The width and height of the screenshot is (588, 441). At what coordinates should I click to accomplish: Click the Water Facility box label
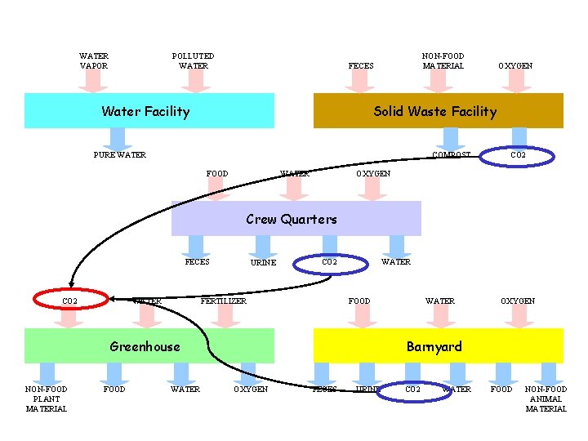pyautogui.click(x=145, y=112)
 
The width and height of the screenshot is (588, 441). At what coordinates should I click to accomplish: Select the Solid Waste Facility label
pyautogui.click(x=434, y=112)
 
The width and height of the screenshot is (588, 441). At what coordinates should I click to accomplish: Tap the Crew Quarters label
pyautogui.click(x=292, y=219)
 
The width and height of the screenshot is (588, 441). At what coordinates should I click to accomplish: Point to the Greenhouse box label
pyautogui.click(x=145, y=347)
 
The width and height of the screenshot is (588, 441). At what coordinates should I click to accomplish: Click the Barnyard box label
pyautogui.click(x=434, y=347)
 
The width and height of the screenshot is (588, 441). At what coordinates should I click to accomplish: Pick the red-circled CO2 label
pyautogui.click(x=70, y=301)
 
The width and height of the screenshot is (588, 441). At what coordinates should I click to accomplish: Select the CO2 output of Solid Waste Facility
pyautogui.click(x=518, y=155)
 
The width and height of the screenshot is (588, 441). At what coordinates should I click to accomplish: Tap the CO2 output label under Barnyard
pyautogui.click(x=413, y=390)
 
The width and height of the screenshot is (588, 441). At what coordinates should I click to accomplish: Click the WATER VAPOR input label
pyautogui.click(x=94, y=61)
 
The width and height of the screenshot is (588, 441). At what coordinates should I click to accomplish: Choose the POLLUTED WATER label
pyautogui.click(x=194, y=61)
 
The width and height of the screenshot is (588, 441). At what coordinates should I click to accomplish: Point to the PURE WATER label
pyautogui.click(x=120, y=155)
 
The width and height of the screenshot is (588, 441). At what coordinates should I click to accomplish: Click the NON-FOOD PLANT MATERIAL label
pyautogui.click(x=47, y=399)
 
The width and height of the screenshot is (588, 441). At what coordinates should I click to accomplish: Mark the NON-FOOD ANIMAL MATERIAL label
pyautogui.click(x=546, y=399)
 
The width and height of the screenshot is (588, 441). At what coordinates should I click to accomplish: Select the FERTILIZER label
pyautogui.click(x=224, y=301)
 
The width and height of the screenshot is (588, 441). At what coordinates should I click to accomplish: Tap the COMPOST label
pyautogui.click(x=451, y=155)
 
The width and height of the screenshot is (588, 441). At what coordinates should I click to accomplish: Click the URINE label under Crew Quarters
pyautogui.click(x=263, y=263)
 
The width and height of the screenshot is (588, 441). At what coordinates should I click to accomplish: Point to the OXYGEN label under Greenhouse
pyautogui.click(x=251, y=390)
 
